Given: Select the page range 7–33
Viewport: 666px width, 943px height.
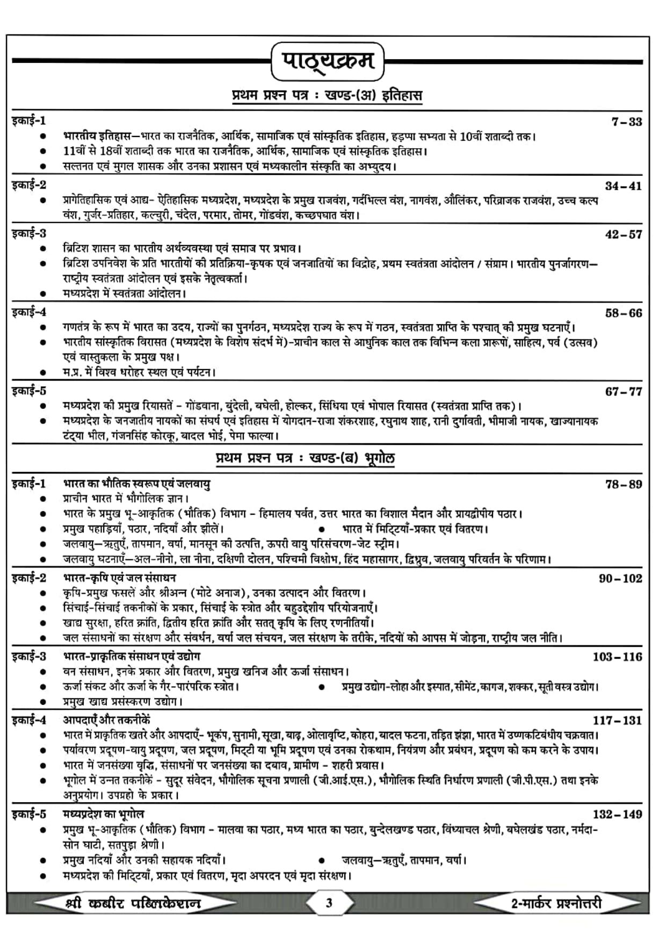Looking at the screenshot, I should pyautogui.click(x=626, y=121).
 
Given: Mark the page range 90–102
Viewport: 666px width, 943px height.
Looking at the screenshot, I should pyautogui.click(x=620, y=578).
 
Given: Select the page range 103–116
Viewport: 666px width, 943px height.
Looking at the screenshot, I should pyautogui.click(x=617, y=657).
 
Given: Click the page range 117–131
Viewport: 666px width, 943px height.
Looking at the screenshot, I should pyautogui.click(x=617, y=720).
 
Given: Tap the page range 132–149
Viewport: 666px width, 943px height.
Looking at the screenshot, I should pyautogui.click(x=617, y=814).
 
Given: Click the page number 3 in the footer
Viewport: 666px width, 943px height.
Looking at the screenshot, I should pyautogui.click(x=329, y=903).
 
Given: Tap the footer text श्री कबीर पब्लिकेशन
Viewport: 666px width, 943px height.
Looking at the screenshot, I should pyautogui.click(x=132, y=903).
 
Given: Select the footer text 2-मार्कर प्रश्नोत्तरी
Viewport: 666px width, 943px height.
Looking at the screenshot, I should pyautogui.click(x=556, y=903).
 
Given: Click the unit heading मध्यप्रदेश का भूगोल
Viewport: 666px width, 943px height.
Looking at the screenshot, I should pyautogui.click(x=104, y=814).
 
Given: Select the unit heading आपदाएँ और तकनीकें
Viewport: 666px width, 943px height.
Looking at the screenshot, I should pyautogui.click(x=106, y=720).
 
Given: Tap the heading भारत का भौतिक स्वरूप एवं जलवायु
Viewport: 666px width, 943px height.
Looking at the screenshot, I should pyautogui.click(x=136, y=484).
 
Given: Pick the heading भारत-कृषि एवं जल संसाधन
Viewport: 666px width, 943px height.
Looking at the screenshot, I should pyautogui.click(x=119, y=578).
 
